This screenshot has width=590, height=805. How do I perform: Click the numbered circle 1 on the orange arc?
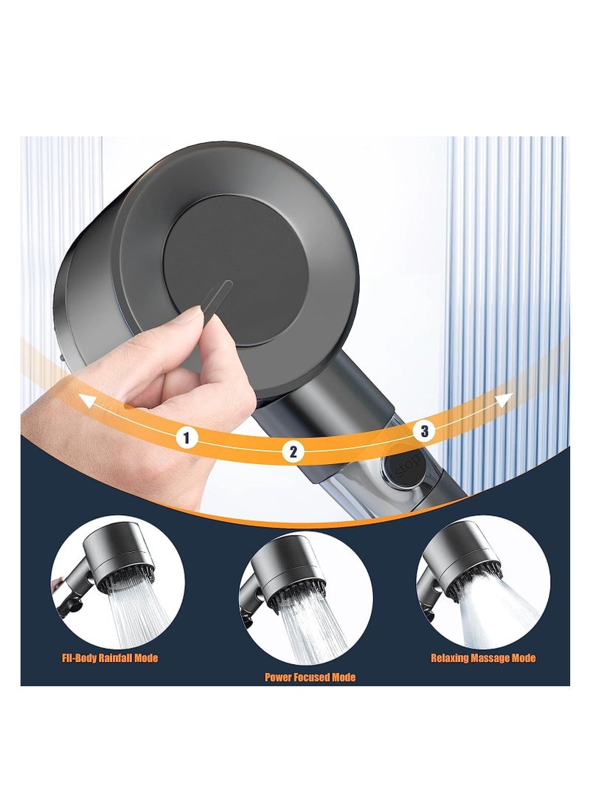pyautogui.click(x=187, y=438)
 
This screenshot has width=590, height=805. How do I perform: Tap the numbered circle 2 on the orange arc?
pyautogui.click(x=293, y=452)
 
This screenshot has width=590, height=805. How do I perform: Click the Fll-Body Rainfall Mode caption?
pyautogui.click(x=110, y=658)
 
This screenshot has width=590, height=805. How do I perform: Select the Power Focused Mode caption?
pyautogui.click(x=310, y=677)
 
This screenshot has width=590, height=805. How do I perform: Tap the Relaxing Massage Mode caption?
pyautogui.click(x=483, y=658)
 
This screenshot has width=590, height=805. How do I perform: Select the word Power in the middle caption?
pyautogui.click(x=280, y=677)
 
